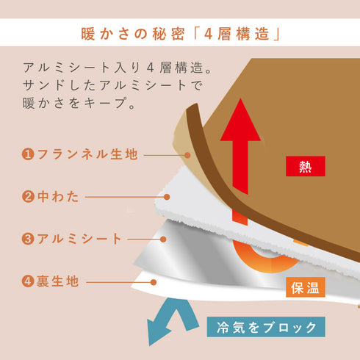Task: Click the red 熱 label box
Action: [306, 166]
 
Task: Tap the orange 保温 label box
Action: [306, 287]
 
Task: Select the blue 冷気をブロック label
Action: [266, 327]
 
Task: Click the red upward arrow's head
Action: [240, 120]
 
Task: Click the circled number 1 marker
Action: [28, 154]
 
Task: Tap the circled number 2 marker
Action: [28, 197]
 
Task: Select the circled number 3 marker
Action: [28, 239]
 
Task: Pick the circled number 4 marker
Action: [28, 281]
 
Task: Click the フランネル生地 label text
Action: [87, 154]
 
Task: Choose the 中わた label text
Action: [58, 197]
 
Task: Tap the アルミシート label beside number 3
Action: [79, 239]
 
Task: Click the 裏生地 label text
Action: [57, 281]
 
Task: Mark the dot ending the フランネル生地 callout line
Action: [187, 155]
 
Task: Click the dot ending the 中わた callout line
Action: [167, 197]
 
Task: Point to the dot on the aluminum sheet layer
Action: [163, 240]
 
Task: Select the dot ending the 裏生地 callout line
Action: [154, 282]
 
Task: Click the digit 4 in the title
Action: [208, 34]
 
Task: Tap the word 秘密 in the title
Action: [168, 34]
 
